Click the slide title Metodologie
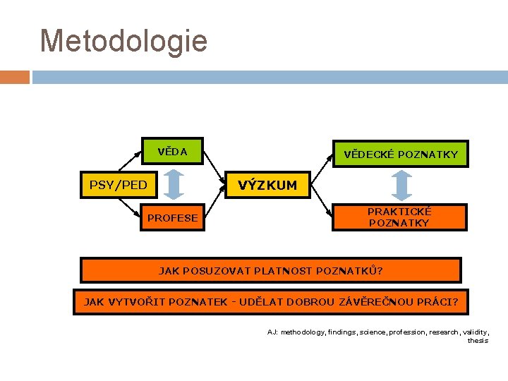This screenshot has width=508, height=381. [x=124, y=41]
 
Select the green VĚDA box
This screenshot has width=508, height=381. [x=172, y=151]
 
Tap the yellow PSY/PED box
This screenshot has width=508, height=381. [x=119, y=186]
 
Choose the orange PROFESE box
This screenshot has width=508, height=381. [x=172, y=218]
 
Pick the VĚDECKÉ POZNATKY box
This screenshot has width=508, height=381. [x=400, y=154]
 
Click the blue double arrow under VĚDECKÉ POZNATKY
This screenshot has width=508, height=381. [x=401, y=185]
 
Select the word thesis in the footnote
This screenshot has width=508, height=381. [x=478, y=340]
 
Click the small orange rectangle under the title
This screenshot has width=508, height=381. [x=14, y=77]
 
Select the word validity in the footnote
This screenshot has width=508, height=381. [x=473, y=332]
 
